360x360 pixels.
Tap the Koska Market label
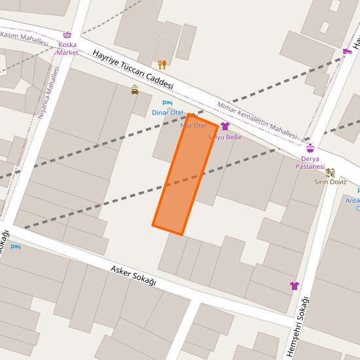pos(67,48)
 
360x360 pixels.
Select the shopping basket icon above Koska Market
pos(67,35)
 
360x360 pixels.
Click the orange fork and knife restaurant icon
pos(162,64)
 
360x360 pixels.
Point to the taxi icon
pos(135,90)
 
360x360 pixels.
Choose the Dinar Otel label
pos(168,113)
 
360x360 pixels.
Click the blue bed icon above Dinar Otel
pos(168,103)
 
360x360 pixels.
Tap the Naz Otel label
pos(193,125)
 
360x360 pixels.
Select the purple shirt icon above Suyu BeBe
pos(225,126)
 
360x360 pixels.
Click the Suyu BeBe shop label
pos(225,137)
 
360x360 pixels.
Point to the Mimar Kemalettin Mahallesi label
pos(257,118)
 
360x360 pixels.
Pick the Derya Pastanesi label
pos(310,162)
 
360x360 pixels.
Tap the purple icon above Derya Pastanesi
pos(310,148)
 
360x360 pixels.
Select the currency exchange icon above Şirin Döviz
pos(330,173)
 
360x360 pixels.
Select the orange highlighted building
pos(185,174)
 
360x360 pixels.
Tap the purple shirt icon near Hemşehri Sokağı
pos(295,286)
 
